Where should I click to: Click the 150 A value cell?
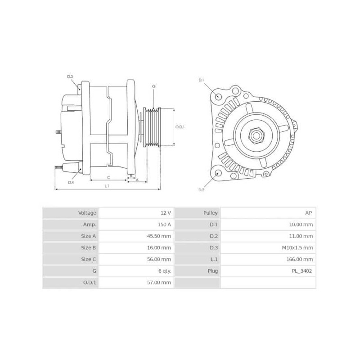165,224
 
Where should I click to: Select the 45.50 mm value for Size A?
161,236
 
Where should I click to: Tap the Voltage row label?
87,212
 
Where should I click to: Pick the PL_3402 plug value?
302,271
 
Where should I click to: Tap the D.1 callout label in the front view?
202,80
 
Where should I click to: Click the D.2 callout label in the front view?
202,190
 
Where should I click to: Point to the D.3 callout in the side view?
70,76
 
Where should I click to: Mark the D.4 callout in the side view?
71,182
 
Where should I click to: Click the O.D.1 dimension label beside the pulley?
180,127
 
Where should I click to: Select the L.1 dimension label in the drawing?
107,185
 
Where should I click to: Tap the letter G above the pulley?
153,86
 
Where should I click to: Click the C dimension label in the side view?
108,177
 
